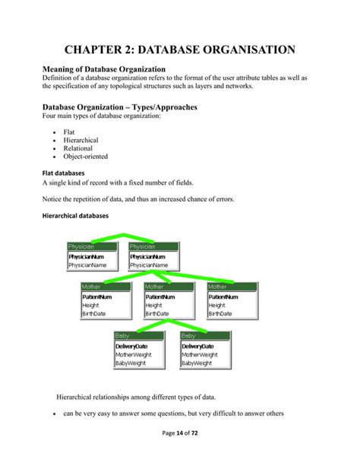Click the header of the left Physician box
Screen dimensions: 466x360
[91, 246]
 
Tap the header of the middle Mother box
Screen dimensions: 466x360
[168, 287]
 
